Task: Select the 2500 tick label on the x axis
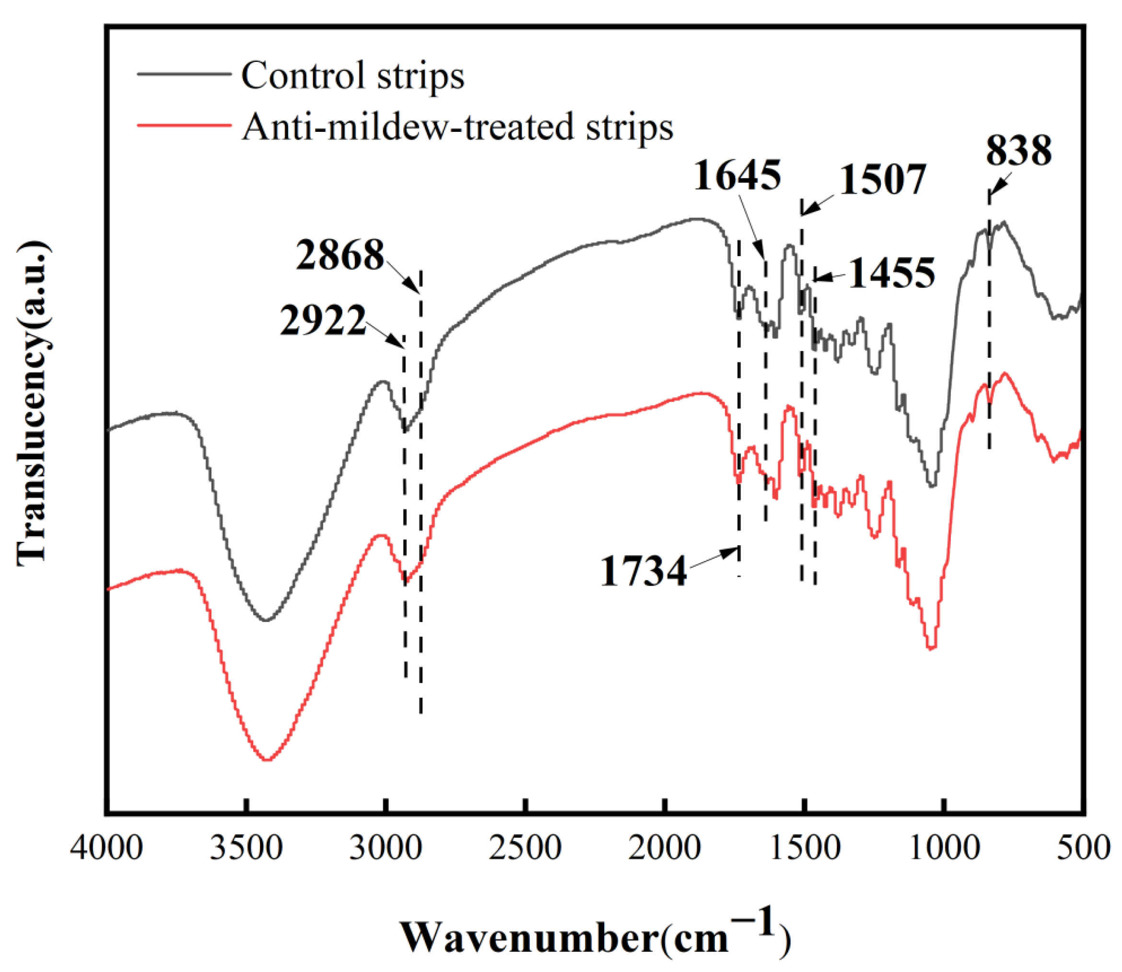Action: pyautogui.click(x=525, y=847)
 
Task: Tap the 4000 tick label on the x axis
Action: pyautogui.click(x=107, y=847)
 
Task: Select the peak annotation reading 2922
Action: pyautogui.click(x=323, y=321)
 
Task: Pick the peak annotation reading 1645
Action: pyautogui.click(x=737, y=175)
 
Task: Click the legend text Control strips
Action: pyautogui.click(x=352, y=75)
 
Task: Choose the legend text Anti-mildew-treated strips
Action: pyautogui.click(x=457, y=127)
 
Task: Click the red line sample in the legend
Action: pyautogui.click(x=185, y=125)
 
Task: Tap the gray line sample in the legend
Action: pyautogui.click(x=185, y=73)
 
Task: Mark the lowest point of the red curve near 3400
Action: pyautogui.click(x=267, y=760)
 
